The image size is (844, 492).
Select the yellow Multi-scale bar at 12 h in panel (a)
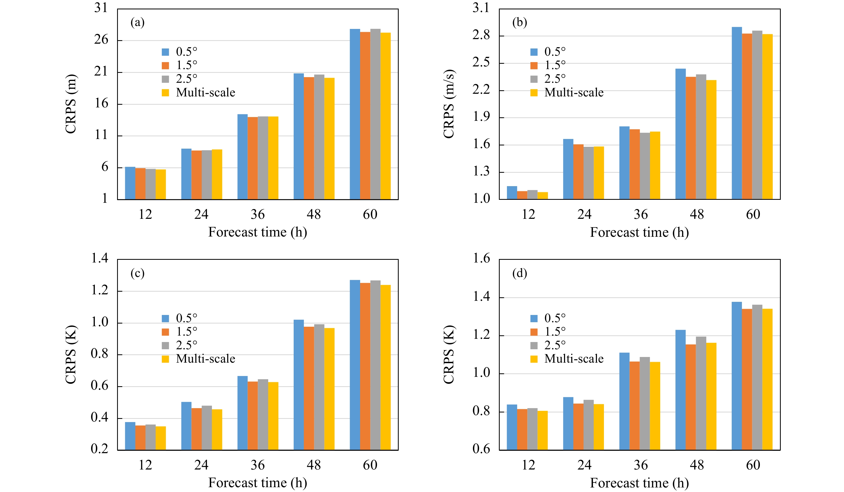point(161,185)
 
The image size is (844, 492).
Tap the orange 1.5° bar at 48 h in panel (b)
point(691,138)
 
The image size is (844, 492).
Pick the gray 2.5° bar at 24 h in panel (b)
point(588,173)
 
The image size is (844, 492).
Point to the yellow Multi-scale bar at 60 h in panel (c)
point(386,367)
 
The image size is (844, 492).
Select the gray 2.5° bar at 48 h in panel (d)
point(701,393)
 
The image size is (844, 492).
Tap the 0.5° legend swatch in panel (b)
point(534,52)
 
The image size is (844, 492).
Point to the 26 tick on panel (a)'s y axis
point(101,40)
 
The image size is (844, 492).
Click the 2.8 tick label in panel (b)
point(481,35)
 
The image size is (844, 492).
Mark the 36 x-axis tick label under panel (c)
point(257,465)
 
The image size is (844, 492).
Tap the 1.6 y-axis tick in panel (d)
point(481,258)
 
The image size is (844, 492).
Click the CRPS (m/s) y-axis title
point(449,104)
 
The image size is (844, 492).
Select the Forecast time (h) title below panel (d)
point(639,483)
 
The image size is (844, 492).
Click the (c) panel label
point(137,273)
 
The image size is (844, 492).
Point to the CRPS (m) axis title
point(71,104)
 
